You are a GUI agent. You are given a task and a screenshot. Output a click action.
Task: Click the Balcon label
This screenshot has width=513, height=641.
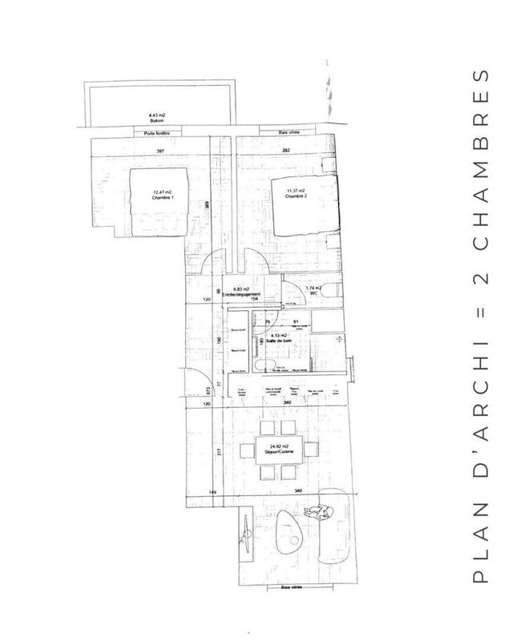point(146,120)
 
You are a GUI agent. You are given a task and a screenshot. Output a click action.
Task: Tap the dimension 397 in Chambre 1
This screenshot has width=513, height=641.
point(160,151)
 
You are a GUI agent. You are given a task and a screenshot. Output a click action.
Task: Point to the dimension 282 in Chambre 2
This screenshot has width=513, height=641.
point(284,151)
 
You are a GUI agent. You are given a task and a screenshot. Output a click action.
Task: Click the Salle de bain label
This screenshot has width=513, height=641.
point(280,340)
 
